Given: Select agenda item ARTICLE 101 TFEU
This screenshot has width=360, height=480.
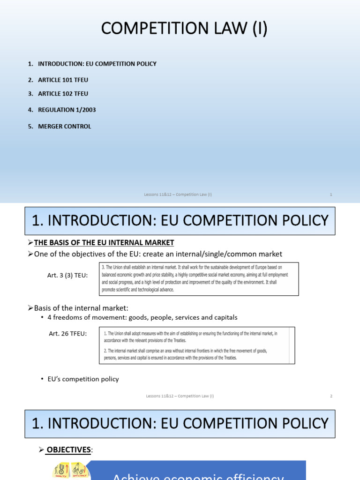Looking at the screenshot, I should [x=63, y=80].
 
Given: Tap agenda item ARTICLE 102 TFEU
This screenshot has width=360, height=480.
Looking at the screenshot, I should [x=63, y=94].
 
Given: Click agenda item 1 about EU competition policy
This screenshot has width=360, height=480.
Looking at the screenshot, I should [x=97, y=64].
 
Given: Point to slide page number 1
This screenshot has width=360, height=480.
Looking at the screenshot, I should [x=331, y=195].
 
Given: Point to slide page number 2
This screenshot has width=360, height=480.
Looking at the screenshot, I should [x=331, y=396].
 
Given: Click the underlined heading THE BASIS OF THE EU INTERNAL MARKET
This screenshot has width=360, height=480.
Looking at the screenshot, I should [x=104, y=242].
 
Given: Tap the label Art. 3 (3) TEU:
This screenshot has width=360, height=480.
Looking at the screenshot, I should [x=67, y=276].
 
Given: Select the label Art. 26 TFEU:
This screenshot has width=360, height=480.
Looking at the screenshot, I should [x=68, y=333].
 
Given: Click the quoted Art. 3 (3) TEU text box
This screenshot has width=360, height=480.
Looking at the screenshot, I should [x=199, y=279].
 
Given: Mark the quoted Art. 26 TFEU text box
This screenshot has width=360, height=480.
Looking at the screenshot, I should [x=197, y=345].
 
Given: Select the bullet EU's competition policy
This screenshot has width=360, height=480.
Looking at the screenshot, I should [x=83, y=379].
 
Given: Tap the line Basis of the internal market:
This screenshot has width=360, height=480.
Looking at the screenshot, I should [x=81, y=307].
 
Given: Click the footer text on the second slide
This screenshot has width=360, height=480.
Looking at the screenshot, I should [x=180, y=396].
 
